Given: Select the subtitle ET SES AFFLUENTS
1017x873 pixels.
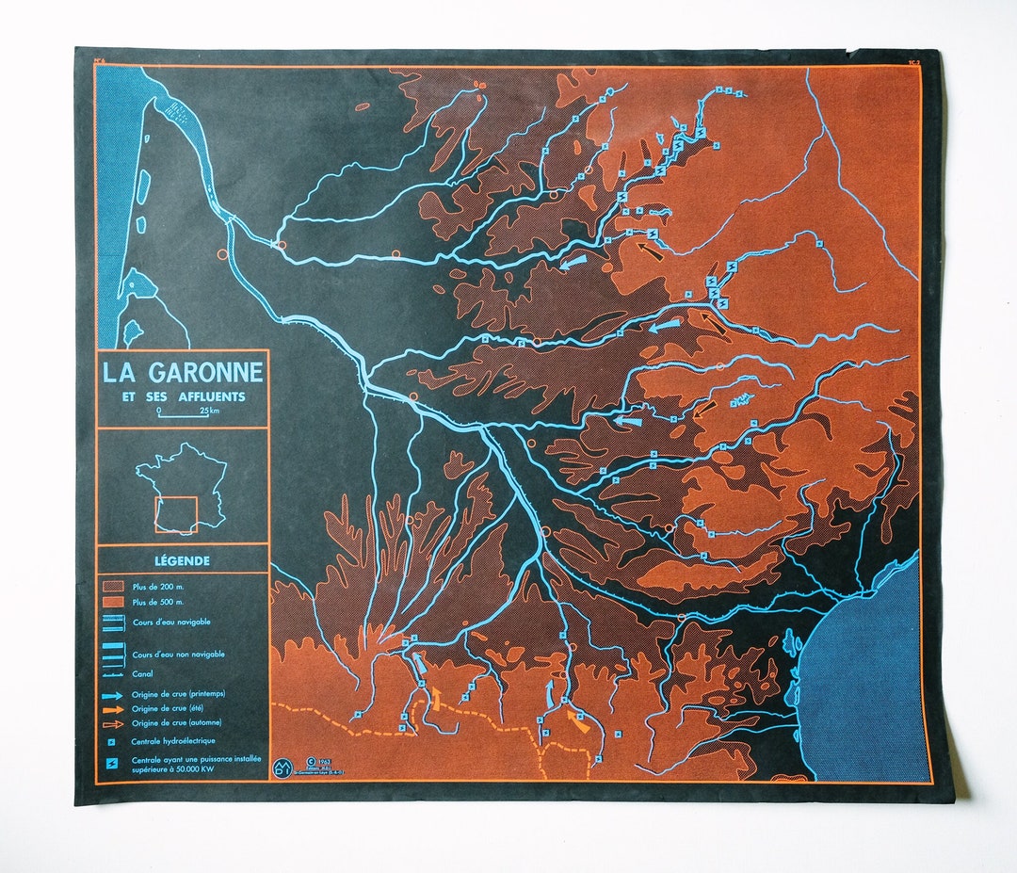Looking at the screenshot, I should pyautogui.click(x=184, y=396).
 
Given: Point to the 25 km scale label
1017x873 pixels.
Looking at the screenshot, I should pyautogui.click(x=209, y=412).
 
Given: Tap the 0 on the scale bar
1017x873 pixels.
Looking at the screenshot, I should pyautogui.click(x=158, y=411).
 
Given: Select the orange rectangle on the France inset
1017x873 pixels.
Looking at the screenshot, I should pyautogui.click(x=176, y=514).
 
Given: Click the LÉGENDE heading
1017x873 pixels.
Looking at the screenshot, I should pyautogui.click(x=183, y=560).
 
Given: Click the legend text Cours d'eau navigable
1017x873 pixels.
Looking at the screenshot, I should pyautogui.click(x=171, y=622).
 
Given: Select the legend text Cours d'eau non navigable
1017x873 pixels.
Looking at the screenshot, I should pyautogui.click(x=178, y=654).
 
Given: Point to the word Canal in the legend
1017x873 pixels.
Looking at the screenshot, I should pyautogui.click(x=142, y=673).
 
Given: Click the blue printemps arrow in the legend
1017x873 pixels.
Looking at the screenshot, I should pyautogui.click(x=113, y=694).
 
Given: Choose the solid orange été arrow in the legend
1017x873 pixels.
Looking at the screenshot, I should pyautogui.click(x=113, y=708).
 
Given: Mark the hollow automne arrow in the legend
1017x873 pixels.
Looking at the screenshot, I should pyautogui.click(x=113, y=722).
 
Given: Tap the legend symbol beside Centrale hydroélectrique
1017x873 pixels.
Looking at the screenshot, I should pyautogui.click(x=112, y=741).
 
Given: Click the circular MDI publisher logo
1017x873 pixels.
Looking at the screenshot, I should pyautogui.click(x=282, y=767).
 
